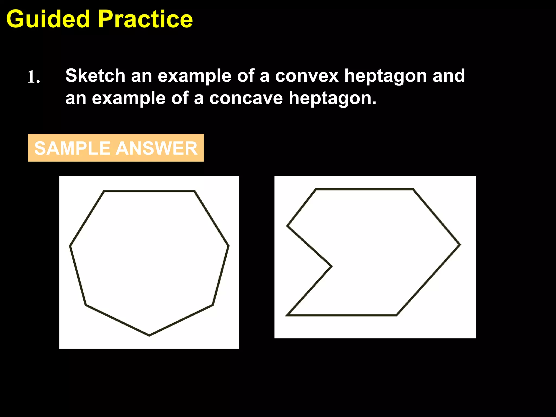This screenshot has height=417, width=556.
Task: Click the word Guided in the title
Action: click(x=48, y=19)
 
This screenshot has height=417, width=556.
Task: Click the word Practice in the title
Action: click(x=146, y=19)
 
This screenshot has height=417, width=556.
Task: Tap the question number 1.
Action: click(x=33, y=77)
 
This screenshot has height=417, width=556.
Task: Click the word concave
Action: click(x=246, y=98)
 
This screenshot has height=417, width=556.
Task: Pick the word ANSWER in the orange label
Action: click(x=157, y=148)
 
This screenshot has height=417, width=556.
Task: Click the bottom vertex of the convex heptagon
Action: click(x=149, y=335)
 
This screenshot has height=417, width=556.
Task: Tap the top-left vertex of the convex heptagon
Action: click(x=105, y=191)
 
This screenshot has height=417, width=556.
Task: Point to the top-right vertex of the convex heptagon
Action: click(x=194, y=191)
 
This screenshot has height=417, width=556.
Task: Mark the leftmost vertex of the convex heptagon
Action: click(x=70, y=246)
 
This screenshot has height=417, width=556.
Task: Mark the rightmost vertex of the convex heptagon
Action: click(x=228, y=246)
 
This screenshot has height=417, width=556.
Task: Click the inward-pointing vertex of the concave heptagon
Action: click(x=331, y=266)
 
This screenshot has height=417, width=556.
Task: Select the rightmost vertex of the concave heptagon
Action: click(x=460, y=245)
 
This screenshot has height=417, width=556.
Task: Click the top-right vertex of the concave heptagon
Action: click(x=413, y=189)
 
